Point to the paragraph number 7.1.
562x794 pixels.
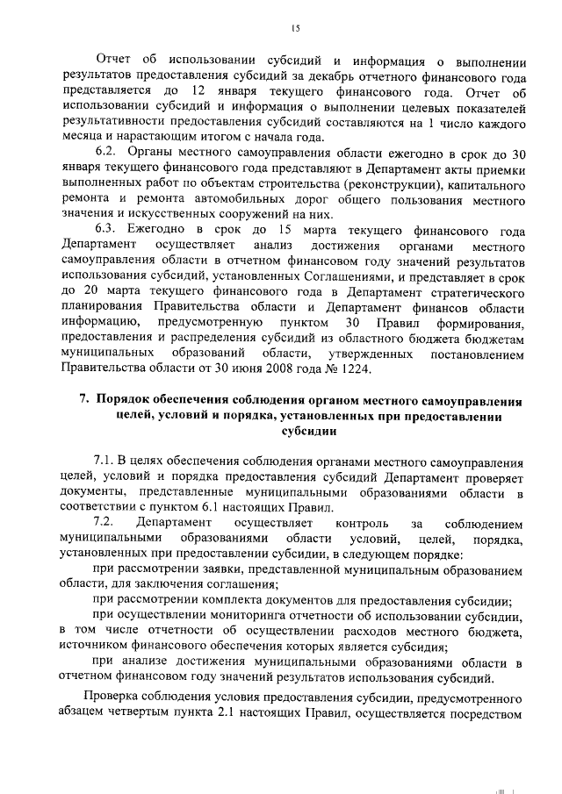[x=106, y=461]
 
